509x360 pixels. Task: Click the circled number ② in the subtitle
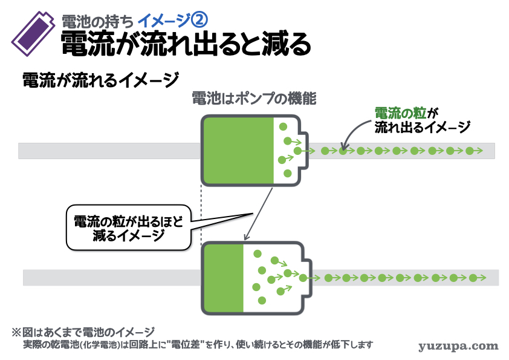199,21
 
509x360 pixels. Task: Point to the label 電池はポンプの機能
254,99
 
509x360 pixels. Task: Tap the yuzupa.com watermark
458,346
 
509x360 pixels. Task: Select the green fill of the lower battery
224,278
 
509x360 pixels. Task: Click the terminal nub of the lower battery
312,278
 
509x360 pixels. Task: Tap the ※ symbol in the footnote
17,332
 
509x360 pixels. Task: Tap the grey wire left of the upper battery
109,151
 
